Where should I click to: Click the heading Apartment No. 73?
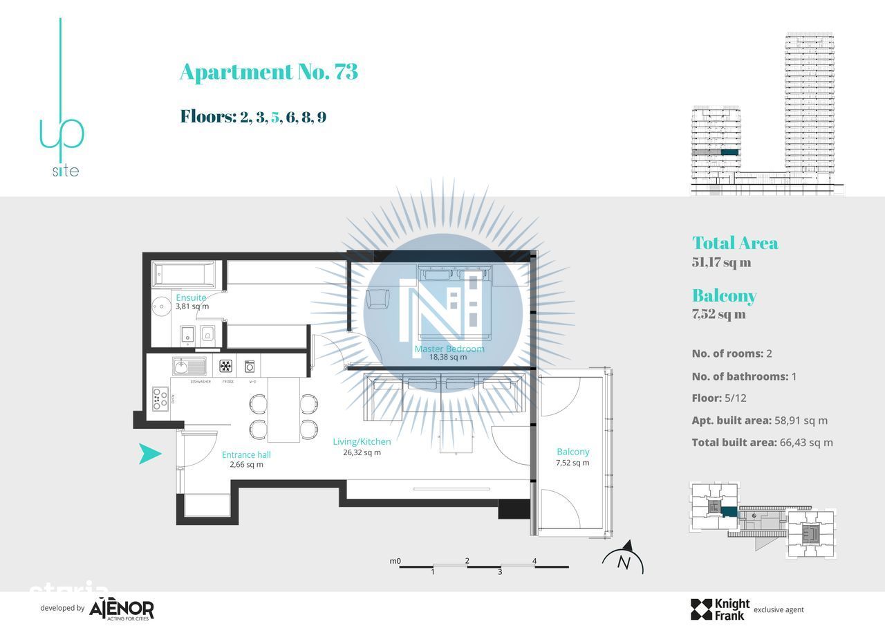(268, 72)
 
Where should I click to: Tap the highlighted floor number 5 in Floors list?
(275, 117)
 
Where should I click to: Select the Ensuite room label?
(191, 297)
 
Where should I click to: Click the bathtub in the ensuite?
(183, 275)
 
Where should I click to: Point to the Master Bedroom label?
(449, 349)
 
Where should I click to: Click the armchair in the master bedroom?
(378, 299)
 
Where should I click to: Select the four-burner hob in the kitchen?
(160, 399)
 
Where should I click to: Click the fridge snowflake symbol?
(226, 365)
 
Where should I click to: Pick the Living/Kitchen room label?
(362, 441)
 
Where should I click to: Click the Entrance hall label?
(246, 454)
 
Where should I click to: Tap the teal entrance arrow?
(150, 454)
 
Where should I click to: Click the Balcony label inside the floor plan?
(573, 452)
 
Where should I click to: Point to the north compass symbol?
(624, 561)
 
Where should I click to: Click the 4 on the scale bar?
(534, 561)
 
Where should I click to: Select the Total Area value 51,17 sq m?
(721, 262)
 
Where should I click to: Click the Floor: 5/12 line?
(729, 398)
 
